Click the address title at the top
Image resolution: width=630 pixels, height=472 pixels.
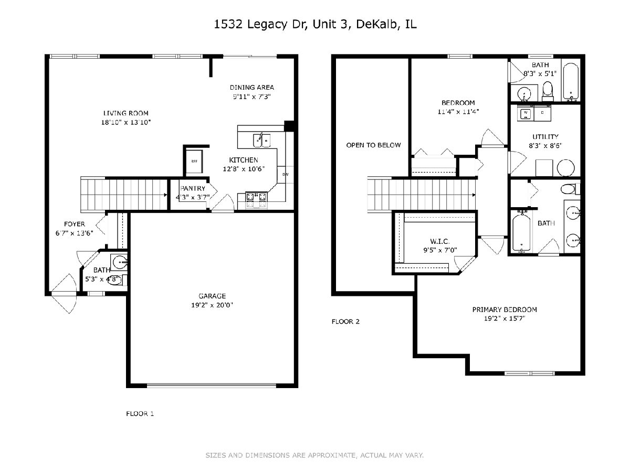click(x=315, y=25)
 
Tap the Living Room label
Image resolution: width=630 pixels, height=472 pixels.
click(x=125, y=113)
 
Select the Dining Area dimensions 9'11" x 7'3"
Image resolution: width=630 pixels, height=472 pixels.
click(x=251, y=96)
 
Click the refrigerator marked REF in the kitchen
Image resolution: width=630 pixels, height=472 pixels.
click(x=194, y=162)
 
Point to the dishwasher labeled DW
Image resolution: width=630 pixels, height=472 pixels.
click(x=285, y=175)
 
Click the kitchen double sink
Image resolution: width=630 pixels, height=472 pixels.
click(x=261, y=141)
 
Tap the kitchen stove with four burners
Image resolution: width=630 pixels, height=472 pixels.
click(x=256, y=200)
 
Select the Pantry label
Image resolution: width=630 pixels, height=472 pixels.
click(x=193, y=189)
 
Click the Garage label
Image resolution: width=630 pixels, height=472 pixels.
click(x=212, y=296)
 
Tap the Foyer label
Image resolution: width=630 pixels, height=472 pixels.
click(x=75, y=224)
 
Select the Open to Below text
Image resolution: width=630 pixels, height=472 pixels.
click(x=373, y=145)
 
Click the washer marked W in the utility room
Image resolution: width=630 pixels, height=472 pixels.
click(x=526, y=113)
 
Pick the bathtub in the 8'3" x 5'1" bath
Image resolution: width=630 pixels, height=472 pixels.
click(x=571, y=82)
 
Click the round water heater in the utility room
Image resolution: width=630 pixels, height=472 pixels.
click(x=566, y=168)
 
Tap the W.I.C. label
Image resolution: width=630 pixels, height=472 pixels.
click(x=440, y=241)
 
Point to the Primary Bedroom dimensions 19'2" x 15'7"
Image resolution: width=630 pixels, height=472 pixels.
click(x=505, y=318)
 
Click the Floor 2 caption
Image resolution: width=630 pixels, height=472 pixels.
click(x=345, y=321)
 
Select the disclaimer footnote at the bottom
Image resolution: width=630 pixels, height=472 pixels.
click(x=314, y=455)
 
